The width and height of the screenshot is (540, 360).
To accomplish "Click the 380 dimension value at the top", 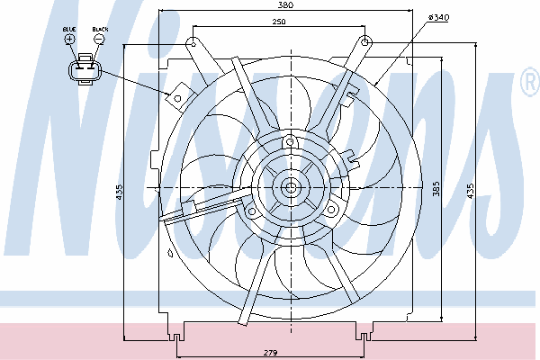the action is tap(285, 4).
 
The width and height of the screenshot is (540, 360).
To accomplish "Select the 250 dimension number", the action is tap(279, 22).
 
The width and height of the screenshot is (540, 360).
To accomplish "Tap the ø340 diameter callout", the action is tap(438, 17).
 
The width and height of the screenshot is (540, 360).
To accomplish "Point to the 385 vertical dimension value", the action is tap(436, 189).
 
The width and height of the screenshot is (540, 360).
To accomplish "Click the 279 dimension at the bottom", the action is tap(270, 353).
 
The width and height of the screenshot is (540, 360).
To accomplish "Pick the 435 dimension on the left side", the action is tap(119, 192).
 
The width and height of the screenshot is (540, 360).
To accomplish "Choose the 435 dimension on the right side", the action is tap(471, 191).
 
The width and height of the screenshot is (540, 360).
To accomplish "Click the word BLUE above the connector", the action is tap(69, 30).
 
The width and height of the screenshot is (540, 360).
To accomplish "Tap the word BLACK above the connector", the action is tap(100, 30).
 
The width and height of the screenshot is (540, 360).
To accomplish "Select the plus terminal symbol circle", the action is tap(69, 39).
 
